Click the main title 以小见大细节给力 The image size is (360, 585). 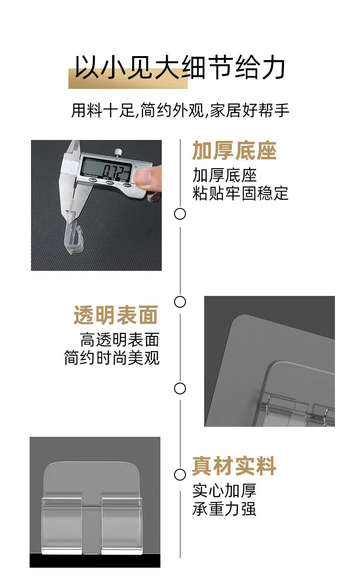coord(180,67)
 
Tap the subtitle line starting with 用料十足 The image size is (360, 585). coord(180,110)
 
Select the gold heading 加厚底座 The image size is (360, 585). coord(234,150)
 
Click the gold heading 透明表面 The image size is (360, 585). coord(116,315)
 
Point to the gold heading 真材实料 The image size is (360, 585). coord(234,466)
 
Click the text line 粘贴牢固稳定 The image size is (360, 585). coord(240,193)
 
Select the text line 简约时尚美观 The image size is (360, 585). coord(112,357)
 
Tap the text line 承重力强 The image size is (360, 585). coord(224,509)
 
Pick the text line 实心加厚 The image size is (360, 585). coord(224,491)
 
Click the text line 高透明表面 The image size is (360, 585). coord(119,340)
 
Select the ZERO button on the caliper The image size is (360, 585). coord(127,185)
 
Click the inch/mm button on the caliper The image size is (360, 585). coord(92,180)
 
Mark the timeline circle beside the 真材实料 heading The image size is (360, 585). coord(180,475)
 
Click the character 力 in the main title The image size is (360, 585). coord(273,67)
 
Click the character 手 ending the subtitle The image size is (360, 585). coord(282,110)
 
